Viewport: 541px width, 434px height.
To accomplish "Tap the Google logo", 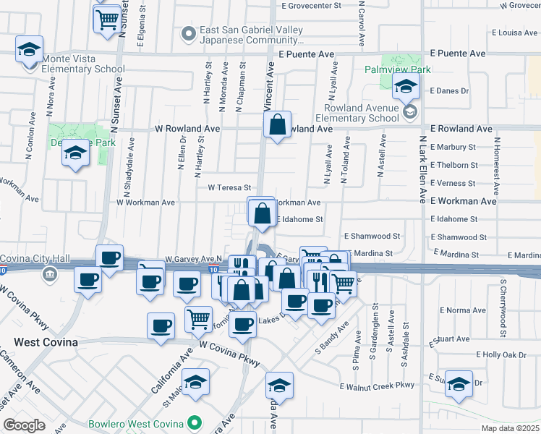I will [24, 425].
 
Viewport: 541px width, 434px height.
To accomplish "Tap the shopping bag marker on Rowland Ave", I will [278, 126].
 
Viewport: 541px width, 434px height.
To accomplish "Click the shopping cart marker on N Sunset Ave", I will [107, 20].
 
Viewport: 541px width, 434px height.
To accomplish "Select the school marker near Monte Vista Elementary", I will [30, 50].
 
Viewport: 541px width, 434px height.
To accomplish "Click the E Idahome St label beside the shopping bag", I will [299, 218].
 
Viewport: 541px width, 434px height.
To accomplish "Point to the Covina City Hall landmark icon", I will [49, 274].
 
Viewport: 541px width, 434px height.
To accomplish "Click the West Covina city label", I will [45, 342].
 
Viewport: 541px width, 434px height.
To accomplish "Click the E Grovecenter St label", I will [312, 5].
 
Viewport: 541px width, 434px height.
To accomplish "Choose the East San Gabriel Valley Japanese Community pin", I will [189, 33].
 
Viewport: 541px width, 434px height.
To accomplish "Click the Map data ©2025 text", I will [509, 427].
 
